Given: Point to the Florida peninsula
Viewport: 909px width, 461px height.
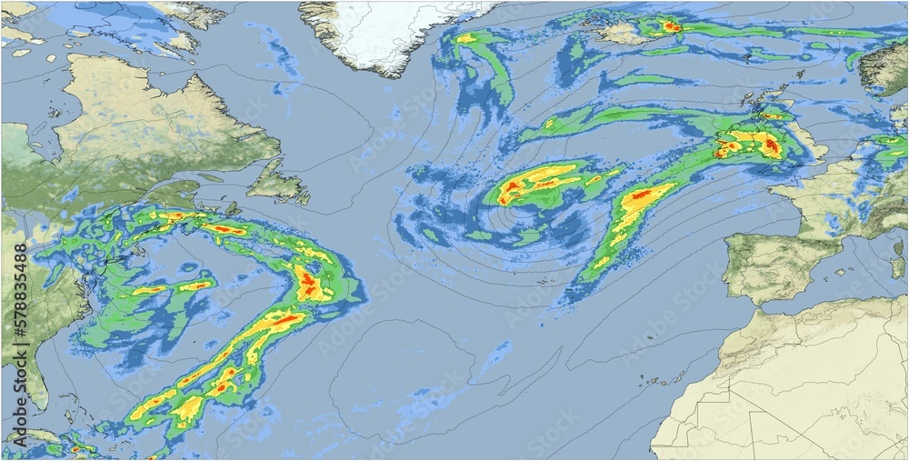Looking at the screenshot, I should [x=33, y=382].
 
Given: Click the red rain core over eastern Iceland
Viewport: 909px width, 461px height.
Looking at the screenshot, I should [x=671, y=26].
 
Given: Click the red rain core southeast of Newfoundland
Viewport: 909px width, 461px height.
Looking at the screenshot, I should [x=309, y=284].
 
